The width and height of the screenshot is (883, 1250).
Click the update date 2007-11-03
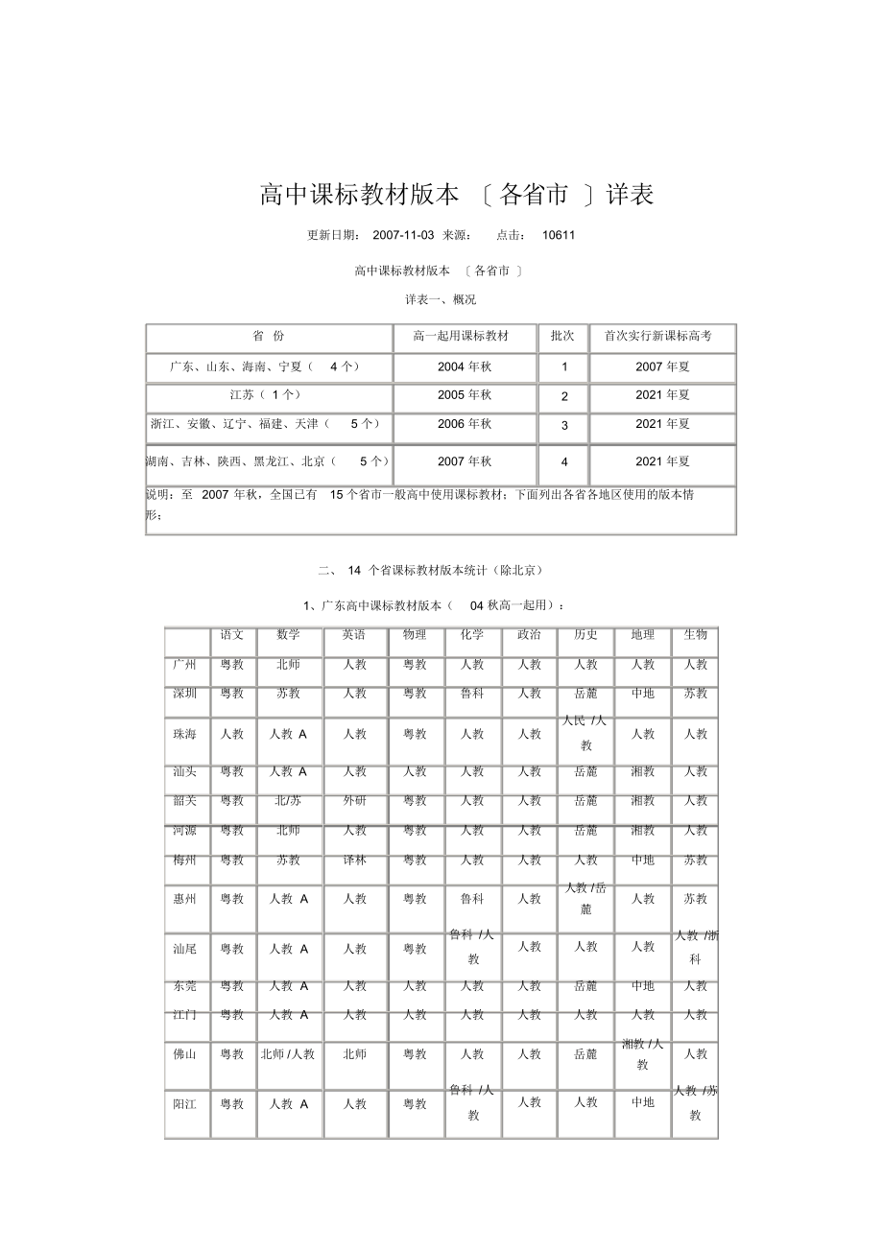coord(403,235)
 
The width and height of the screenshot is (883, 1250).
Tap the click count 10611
coord(559,235)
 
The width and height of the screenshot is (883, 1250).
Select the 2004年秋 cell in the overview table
coord(465,366)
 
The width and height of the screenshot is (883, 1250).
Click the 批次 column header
coord(563,337)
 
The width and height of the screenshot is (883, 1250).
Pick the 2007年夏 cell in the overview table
coord(662,366)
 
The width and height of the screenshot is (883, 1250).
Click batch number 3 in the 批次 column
coord(564,425)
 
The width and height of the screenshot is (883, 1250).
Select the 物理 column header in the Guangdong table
coord(415,635)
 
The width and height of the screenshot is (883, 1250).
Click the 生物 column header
coord(695,635)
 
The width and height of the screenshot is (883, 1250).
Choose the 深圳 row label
coord(185,694)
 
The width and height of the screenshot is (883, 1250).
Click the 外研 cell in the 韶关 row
coord(355,801)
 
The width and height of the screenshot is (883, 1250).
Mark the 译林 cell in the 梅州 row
coord(355,861)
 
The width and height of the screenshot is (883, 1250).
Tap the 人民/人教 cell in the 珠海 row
coord(585,733)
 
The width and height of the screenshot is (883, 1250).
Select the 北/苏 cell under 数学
coord(289,801)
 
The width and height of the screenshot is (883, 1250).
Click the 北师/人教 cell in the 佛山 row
coord(288,1054)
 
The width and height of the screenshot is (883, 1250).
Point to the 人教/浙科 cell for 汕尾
coord(696,947)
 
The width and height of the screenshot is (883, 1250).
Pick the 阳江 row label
coord(185,1104)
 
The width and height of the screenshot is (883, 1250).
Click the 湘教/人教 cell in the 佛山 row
coord(642,1053)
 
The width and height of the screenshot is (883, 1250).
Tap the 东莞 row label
coord(185,986)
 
